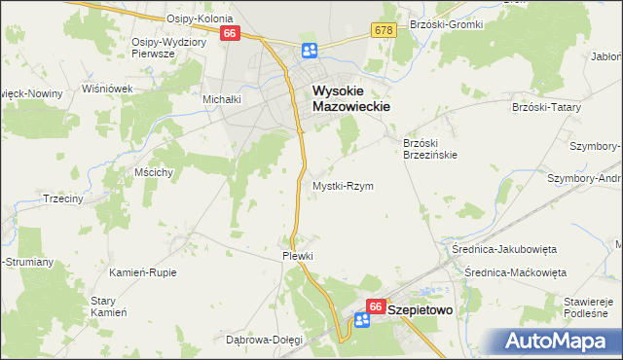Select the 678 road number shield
pyautogui.click(x=383, y=32)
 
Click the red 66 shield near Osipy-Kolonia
pyautogui.click(x=231, y=33)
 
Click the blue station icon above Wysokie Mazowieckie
pyautogui.click(x=309, y=51)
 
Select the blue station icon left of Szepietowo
pyautogui.click(x=361, y=320)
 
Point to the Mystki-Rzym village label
pyautogui.click(x=343, y=185)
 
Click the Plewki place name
pyautogui.click(x=297, y=256)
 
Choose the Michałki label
pyautogui.click(x=221, y=99)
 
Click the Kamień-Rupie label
pyautogui.click(x=143, y=272)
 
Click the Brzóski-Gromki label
pyautogui.click(x=447, y=23)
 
